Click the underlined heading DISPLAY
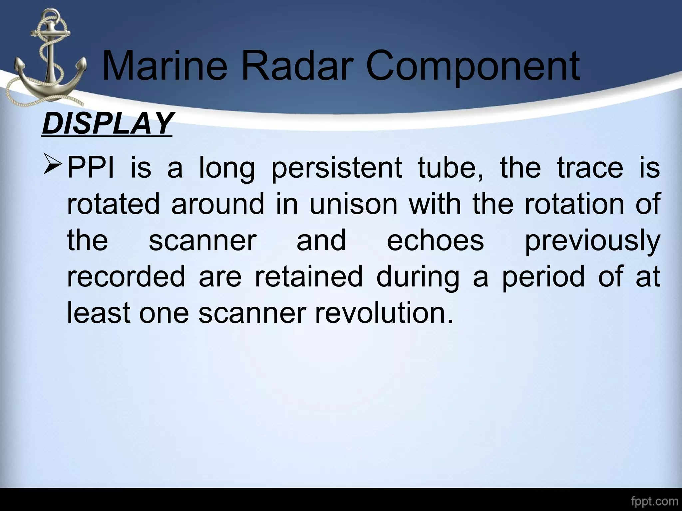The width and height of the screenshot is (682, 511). tap(107, 123)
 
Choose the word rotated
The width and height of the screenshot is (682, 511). tap(113, 204)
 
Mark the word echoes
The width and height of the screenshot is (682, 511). tap(435, 240)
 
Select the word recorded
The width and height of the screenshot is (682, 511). tap(126, 276)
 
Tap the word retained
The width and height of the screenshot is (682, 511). tap(309, 276)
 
